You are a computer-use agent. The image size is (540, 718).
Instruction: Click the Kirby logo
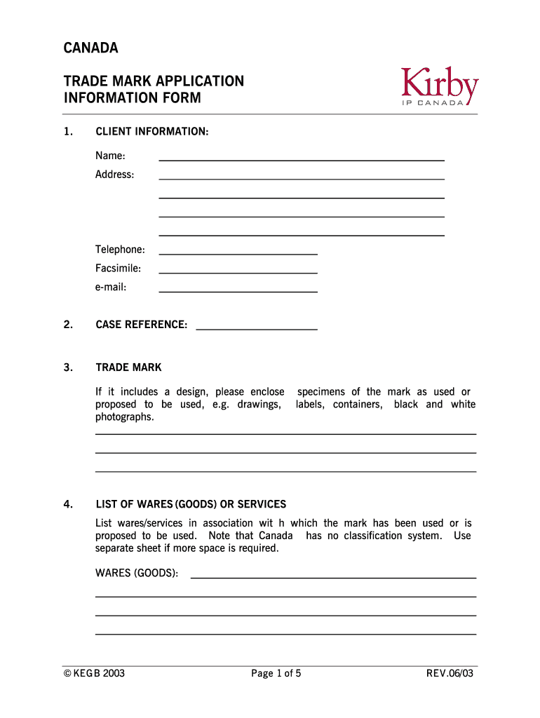pyautogui.click(x=440, y=86)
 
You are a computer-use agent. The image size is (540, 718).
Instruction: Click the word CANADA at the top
pyautogui.click(x=91, y=48)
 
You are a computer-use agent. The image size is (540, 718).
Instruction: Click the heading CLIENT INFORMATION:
pyautogui.click(x=151, y=131)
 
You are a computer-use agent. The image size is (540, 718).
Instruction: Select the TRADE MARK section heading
pyautogui.click(x=128, y=367)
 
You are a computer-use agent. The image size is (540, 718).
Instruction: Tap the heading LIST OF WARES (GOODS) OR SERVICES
pyautogui.click(x=191, y=504)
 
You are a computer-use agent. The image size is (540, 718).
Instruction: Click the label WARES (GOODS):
pyautogui.click(x=137, y=574)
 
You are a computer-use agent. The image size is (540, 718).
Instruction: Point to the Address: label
pyautogui.click(x=114, y=174)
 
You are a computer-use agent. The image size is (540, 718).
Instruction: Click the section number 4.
pyautogui.click(x=67, y=504)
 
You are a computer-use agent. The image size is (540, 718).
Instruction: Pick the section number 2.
pyautogui.click(x=67, y=325)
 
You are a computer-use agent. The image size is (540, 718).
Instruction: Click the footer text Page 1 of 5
pyautogui.click(x=276, y=675)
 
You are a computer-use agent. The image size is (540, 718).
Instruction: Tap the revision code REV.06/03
pyautogui.click(x=450, y=675)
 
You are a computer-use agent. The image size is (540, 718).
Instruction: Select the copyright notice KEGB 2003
pyautogui.click(x=94, y=675)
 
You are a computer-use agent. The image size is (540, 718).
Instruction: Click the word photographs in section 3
pyautogui.click(x=124, y=417)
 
